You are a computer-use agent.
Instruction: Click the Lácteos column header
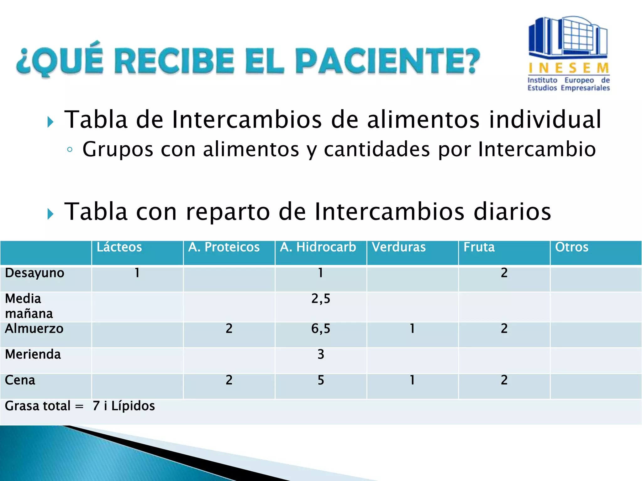click(119, 247)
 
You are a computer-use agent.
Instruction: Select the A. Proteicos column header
click(224, 247)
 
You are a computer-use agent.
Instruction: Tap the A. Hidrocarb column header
click(318, 247)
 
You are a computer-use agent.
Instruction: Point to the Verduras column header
click(399, 247)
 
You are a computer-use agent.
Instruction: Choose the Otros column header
click(572, 247)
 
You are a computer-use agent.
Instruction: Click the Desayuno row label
click(34, 273)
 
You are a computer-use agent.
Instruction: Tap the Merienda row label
click(33, 354)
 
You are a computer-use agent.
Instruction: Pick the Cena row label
click(20, 380)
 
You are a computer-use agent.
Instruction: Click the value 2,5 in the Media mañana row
click(321, 299)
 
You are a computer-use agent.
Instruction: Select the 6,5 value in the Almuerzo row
click(321, 328)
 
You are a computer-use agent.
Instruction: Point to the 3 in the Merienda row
click(321, 354)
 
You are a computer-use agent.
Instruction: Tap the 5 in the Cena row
click(321, 380)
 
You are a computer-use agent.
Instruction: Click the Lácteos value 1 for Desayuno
click(137, 273)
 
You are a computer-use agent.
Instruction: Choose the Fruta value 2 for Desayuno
click(504, 273)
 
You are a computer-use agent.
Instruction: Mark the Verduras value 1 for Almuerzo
click(412, 328)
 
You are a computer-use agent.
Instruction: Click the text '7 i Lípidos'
click(124, 406)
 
